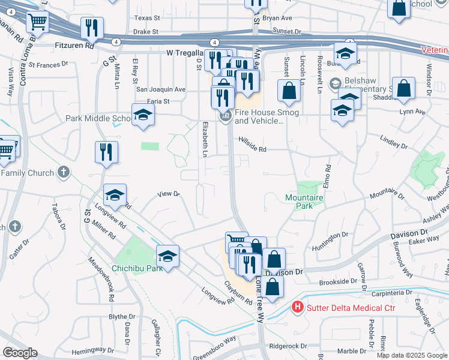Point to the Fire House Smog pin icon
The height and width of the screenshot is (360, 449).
(226, 116)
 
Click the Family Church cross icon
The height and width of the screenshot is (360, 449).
(64, 173)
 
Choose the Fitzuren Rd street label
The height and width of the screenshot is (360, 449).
(74, 45)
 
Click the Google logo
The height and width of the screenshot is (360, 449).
(20, 353)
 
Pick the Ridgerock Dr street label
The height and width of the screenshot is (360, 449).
(288, 346)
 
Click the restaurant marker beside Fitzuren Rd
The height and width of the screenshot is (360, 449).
(92, 28)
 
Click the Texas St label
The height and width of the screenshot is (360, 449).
(148, 19)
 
